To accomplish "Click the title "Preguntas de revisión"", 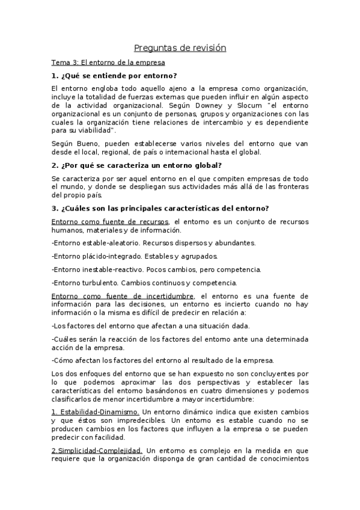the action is [180, 48].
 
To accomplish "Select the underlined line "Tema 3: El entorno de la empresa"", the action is [108, 63].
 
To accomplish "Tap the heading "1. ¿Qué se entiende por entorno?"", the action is [114, 76].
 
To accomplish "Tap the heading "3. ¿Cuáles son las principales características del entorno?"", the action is [160, 208].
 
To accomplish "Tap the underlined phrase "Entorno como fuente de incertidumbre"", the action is [123, 296].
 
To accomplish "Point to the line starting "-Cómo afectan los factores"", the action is [162, 360].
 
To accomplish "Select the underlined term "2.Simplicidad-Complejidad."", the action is [97, 450].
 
